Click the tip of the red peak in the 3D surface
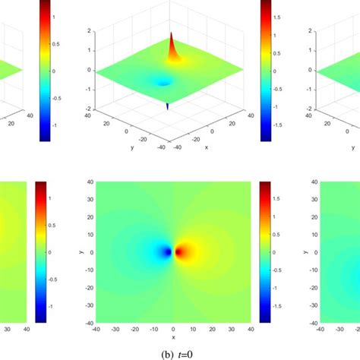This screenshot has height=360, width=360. [172, 33]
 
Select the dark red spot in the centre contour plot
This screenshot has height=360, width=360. [180, 251]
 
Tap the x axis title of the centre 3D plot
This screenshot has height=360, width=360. [206, 147]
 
